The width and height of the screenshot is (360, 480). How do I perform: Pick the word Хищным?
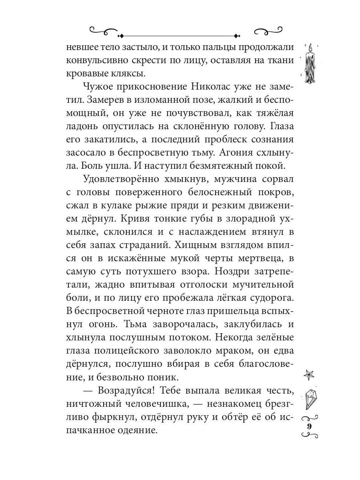click(194, 244)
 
